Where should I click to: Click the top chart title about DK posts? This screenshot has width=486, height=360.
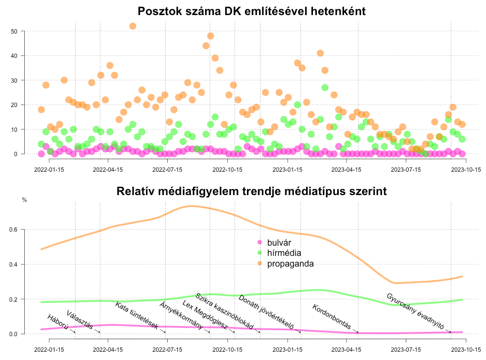click(x=251, y=11)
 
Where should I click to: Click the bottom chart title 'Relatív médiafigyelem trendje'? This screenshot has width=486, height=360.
click(x=251, y=192)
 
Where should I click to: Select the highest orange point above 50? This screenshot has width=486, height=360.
click(x=133, y=26)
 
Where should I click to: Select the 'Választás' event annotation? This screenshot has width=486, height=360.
click(x=81, y=320)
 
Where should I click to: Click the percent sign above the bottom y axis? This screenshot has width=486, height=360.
click(x=24, y=200)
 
